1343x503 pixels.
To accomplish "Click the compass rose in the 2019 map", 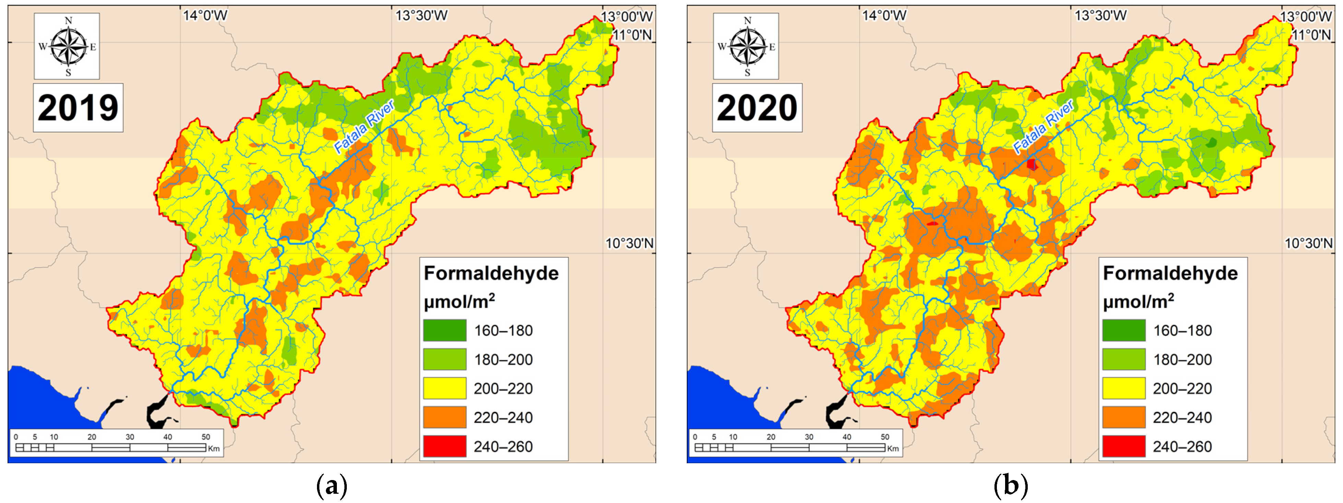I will [x=67, y=46].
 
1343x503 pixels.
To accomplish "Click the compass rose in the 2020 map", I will [x=746, y=46].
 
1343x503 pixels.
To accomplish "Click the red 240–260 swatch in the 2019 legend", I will [x=444, y=447].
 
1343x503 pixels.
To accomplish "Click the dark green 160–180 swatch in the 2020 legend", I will [x=1123, y=331].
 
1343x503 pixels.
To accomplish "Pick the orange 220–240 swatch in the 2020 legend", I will [x=1123, y=418].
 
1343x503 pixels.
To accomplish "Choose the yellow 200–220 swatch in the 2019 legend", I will [x=444, y=388].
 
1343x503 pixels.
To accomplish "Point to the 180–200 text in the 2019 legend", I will [x=503, y=360].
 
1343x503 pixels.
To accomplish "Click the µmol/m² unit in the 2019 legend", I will [x=459, y=302].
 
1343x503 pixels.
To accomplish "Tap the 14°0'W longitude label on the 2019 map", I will [x=205, y=16].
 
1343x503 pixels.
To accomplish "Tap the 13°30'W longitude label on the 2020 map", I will [x=1100, y=16].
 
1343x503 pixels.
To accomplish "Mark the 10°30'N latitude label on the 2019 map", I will [x=629, y=243].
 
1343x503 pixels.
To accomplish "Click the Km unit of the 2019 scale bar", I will [x=214, y=448].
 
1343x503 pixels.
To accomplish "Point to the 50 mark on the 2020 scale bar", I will [x=885, y=437].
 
